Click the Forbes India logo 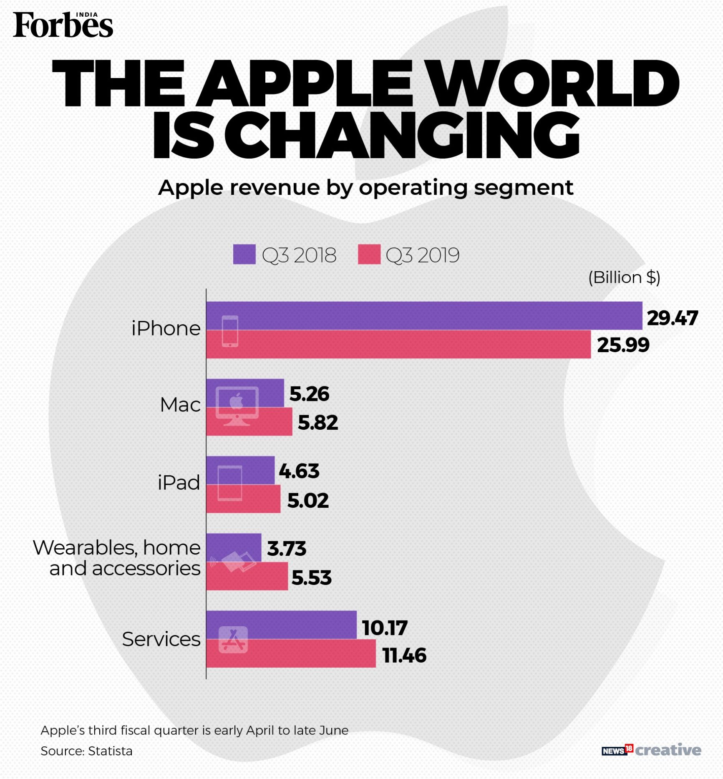pyautogui.click(x=63, y=25)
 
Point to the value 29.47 pyautogui.click(x=672, y=318)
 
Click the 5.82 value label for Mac pyautogui.click(x=317, y=422)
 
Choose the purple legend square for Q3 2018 pyautogui.click(x=244, y=255)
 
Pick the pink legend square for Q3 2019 pyautogui.click(x=369, y=255)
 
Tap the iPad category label pyautogui.click(x=179, y=483)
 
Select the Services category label pyautogui.click(x=161, y=639)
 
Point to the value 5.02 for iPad pyautogui.click(x=308, y=500)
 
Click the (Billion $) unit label pyautogui.click(x=624, y=277)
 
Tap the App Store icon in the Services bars pyautogui.click(x=233, y=640)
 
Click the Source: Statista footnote pyautogui.click(x=86, y=751)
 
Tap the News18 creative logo pyautogui.click(x=651, y=750)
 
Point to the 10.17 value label pyautogui.click(x=384, y=628)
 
